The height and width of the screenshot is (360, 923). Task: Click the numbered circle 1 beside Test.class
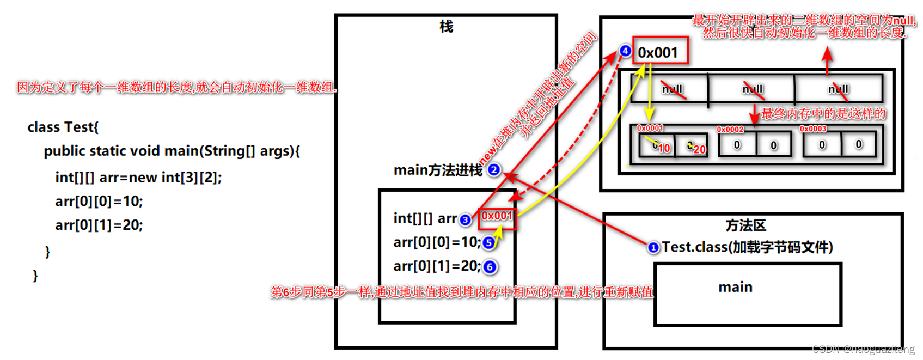[x=653, y=248]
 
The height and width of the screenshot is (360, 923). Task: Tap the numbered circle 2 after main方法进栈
[x=494, y=170]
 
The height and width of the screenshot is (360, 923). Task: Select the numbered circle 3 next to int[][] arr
[x=465, y=219]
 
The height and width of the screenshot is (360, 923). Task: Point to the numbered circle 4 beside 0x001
[x=625, y=51]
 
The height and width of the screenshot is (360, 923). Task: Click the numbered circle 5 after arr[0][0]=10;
[x=489, y=243]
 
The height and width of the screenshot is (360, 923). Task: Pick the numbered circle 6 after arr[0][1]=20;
[x=490, y=267]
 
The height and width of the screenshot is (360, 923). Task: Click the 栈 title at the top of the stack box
[x=446, y=27]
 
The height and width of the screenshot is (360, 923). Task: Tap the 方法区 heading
[x=745, y=225]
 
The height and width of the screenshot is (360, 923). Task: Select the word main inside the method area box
[x=735, y=287]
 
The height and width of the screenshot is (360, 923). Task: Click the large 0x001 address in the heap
[x=658, y=53]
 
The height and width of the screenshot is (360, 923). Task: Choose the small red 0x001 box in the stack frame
[x=497, y=216]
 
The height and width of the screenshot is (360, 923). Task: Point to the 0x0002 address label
[x=730, y=130]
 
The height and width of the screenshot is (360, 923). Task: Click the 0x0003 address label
[x=813, y=129]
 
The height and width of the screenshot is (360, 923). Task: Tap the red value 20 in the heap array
[x=699, y=149]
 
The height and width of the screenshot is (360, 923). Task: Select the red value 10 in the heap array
[x=664, y=148]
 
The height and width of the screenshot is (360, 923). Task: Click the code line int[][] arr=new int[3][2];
[x=138, y=178]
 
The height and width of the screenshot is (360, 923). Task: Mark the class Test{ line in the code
[x=63, y=127]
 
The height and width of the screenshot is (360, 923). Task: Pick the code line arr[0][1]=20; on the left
[x=99, y=225]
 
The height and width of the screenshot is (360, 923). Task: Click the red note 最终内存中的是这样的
[x=823, y=114]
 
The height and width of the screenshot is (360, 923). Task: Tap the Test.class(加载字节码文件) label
[x=747, y=247]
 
